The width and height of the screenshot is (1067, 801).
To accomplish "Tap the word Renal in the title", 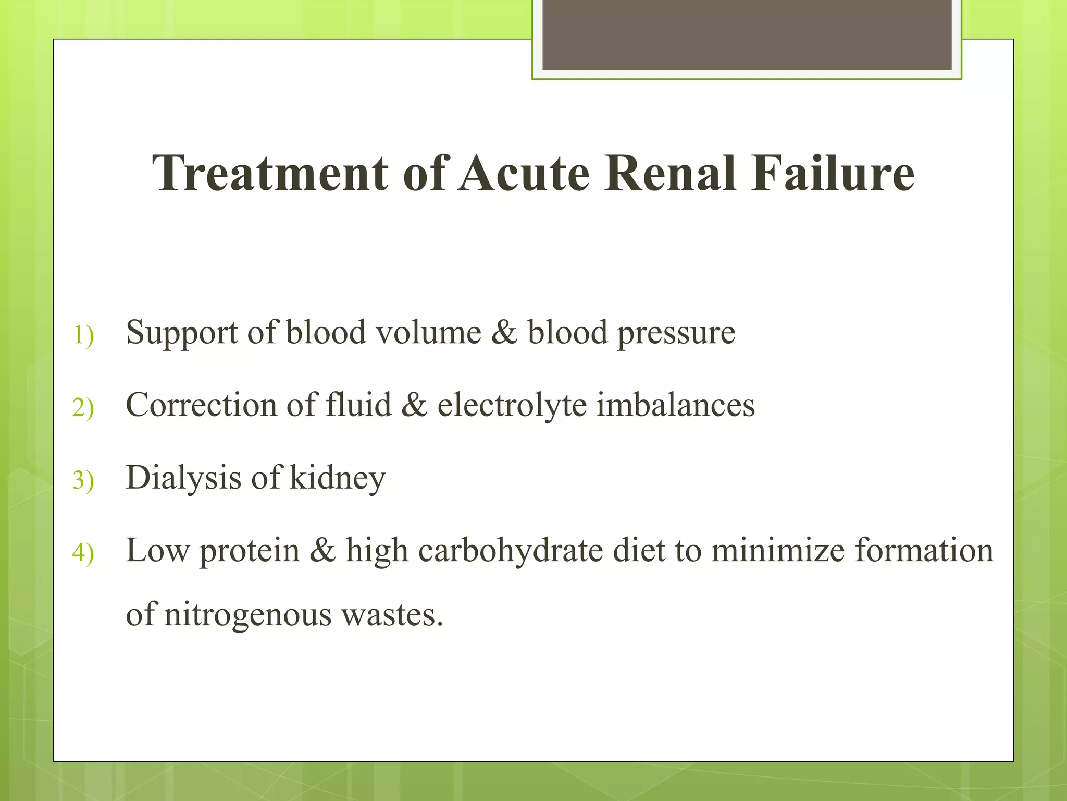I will tap(671, 173).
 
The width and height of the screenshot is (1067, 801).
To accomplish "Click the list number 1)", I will tap(83, 335).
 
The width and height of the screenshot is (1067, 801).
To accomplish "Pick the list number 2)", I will tap(83, 407).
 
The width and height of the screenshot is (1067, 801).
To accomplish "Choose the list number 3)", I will tap(83, 480).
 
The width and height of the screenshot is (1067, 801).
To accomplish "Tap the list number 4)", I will tap(83, 552).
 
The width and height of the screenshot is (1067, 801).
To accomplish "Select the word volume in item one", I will tap(428, 333).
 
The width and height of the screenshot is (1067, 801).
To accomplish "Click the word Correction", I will tap(201, 405).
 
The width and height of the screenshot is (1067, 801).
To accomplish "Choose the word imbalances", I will tap(675, 405).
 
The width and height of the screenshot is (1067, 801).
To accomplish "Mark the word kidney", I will tap(337, 478).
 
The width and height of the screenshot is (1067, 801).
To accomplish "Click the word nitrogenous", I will tap(247, 614).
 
